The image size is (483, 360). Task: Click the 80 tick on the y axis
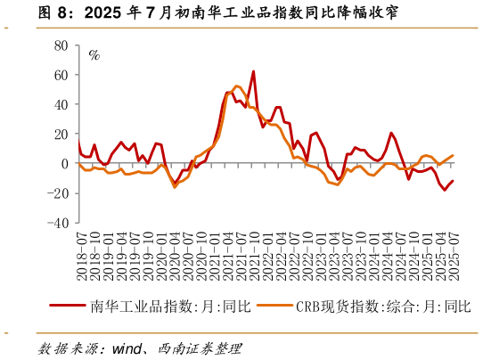click(x=61, y=45)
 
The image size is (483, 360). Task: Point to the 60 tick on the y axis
click(x=61, y=75)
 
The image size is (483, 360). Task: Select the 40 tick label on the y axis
click(x=61, y=104)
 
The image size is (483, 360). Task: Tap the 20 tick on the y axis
click(x=61, y=135)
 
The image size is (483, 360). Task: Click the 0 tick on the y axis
click(x=64, y=164)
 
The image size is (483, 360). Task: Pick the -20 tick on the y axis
click(x=58, y=194)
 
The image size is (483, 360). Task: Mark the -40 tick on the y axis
click(x=58, y=224)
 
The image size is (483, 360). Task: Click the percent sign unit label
click(x=94, y=54)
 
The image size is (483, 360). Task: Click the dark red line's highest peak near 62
click(x=253, y=71)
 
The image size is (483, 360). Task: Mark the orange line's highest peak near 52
click(x=237, y=86)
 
